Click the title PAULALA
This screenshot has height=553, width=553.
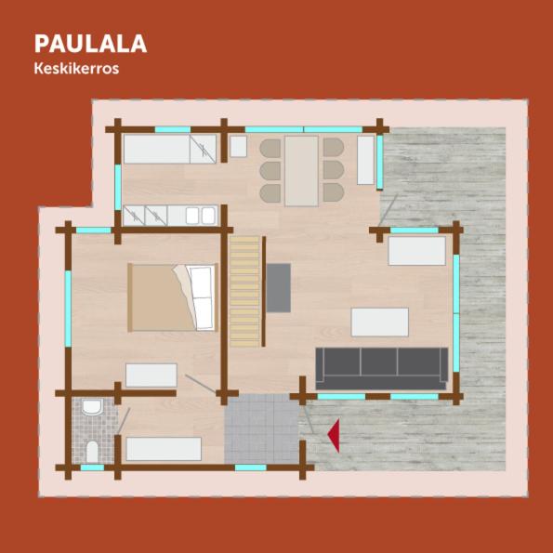pyautogui.click(x=90, y=44)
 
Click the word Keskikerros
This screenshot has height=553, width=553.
pyautogui.click(x=76, y=69)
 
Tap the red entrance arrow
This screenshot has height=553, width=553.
pyautogui.click(x=334, y=436)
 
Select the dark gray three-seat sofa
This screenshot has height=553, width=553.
pyautogui.click(x=382, y=369)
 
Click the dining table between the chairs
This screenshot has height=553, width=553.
pyautogui.click(x=301, y=171)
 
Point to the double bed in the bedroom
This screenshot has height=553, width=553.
pyautogui.click(x=173, y=297)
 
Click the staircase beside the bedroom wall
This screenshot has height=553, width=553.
pyautogui.click(x=245, y=291)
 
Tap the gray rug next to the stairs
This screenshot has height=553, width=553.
pyautogui.click(x=279, y=288)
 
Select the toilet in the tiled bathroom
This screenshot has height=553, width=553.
pyautogui.click(x=92, y=452)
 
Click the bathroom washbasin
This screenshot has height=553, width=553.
pyautogui.click(x=92, y=407)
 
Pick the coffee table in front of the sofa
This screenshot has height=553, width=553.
pyautogui.click(x=380, y=322)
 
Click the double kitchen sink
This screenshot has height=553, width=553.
pyautogui.click(x=201, y=216)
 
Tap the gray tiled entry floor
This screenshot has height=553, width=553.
pyautogui.click(x=262, y=428)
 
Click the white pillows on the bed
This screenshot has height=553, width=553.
pyautogui.click(x=202, y=297)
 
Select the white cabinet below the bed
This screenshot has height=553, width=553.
pyautogui.click(x=151, y=375)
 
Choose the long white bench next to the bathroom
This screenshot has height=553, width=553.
pyautogui.click(x=164, y=449)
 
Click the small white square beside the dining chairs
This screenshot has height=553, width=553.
pyautogui.click(x=239, y=146)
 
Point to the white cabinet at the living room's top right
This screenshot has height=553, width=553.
pyautogui.click(x=417, y=251)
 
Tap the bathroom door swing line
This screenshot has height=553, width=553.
pyautogui.click(x=124, y=421)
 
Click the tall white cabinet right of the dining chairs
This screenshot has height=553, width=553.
pyautogui.click(x=365, y=160)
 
